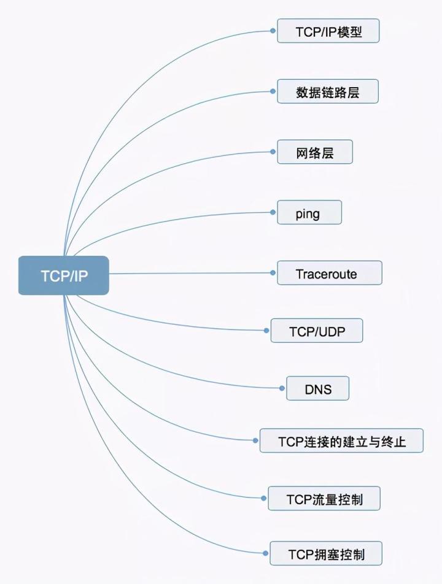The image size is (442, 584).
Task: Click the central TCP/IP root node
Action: click(64, 275)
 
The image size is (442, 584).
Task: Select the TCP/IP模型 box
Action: click(328, 31)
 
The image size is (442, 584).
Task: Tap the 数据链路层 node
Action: click(327, 91)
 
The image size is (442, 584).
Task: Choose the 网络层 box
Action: click(315, 152)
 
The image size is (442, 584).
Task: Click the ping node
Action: click(309, 212)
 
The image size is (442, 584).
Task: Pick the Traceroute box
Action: click(329, 273)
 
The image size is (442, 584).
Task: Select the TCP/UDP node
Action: click(317, 331)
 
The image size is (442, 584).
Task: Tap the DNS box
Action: click(317, 388)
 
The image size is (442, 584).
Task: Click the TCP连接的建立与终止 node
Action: click(341, 440)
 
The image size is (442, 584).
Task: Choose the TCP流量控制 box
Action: click(324, 498)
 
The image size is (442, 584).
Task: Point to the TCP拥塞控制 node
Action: click(326, 553)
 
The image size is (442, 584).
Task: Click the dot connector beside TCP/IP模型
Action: click(273, 29)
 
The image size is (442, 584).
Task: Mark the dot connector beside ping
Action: click(273, 212)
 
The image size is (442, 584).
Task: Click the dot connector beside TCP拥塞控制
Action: click(265, 553)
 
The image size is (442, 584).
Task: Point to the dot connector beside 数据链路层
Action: click(273, 91)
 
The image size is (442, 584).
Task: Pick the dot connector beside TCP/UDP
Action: click(266, 331)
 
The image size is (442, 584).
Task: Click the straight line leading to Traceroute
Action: click(190, 273)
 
